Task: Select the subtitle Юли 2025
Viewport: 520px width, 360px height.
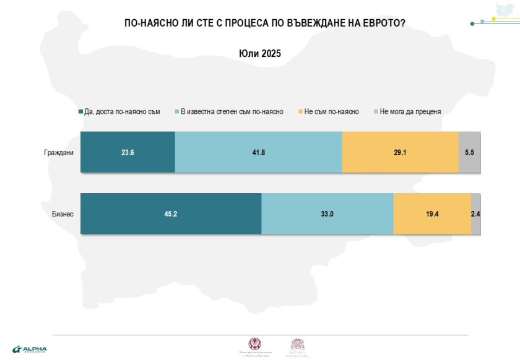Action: pos(259,54)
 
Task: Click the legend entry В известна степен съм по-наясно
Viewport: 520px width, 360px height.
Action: pos(232,112)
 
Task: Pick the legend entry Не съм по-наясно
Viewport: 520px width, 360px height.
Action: pos(332,112)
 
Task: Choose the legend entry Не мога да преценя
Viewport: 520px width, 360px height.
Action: pos(410,112)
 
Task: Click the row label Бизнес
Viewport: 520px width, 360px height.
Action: pos(63,214)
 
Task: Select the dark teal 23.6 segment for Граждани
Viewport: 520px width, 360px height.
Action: pos(128,152)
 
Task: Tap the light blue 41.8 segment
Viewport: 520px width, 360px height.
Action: pos(258,152)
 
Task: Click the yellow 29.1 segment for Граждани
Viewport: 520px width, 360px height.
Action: pos(400,152)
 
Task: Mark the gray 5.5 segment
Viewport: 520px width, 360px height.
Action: pos(469,152)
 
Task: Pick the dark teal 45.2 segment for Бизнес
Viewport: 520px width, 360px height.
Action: pos(171,214)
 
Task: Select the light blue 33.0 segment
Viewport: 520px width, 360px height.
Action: pos(327,214)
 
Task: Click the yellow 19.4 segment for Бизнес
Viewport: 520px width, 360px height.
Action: pos(432,214)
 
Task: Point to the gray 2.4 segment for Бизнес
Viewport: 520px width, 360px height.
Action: pos(476,214)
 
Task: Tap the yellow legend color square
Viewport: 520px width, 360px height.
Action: pos(300,112)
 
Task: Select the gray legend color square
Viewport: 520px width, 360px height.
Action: pos(376,112)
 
